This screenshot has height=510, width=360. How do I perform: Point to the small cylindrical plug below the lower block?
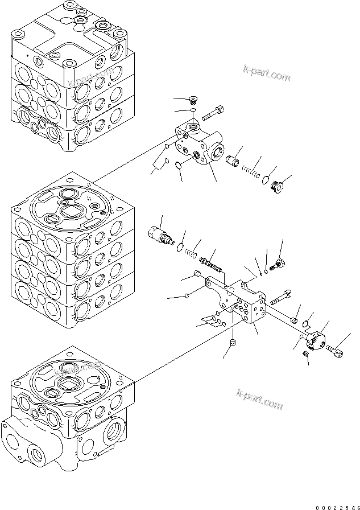click(x=233, y=343)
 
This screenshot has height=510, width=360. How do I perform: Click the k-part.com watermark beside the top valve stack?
click(x=266, y=75)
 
